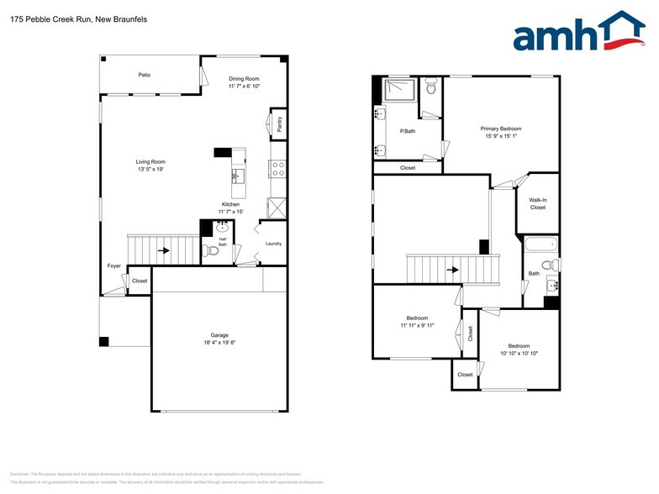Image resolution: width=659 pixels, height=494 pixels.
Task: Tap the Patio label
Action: pos(145,75)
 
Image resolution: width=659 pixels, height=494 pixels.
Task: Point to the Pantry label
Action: pos(279,124)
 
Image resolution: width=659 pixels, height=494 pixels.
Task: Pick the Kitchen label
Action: pos(231,204)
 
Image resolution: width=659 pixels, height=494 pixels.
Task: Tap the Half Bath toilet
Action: pos(212,250)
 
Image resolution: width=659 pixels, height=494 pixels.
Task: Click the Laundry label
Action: pos(273,244)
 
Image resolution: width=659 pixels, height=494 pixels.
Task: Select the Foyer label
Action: pos(114,265)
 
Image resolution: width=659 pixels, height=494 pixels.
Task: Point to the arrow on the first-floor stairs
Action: pos(165,250)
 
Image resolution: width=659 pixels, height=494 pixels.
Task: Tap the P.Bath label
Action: pos(407,130)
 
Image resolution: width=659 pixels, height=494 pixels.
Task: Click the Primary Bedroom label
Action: pos(501,129)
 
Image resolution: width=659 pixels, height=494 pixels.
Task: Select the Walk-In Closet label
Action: pos(537,203)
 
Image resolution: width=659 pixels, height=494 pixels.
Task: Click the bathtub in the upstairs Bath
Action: pos(540,246)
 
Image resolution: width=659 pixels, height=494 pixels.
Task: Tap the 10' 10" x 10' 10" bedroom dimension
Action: pos(518,354)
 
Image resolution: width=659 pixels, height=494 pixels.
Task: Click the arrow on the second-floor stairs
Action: pos(452,270)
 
